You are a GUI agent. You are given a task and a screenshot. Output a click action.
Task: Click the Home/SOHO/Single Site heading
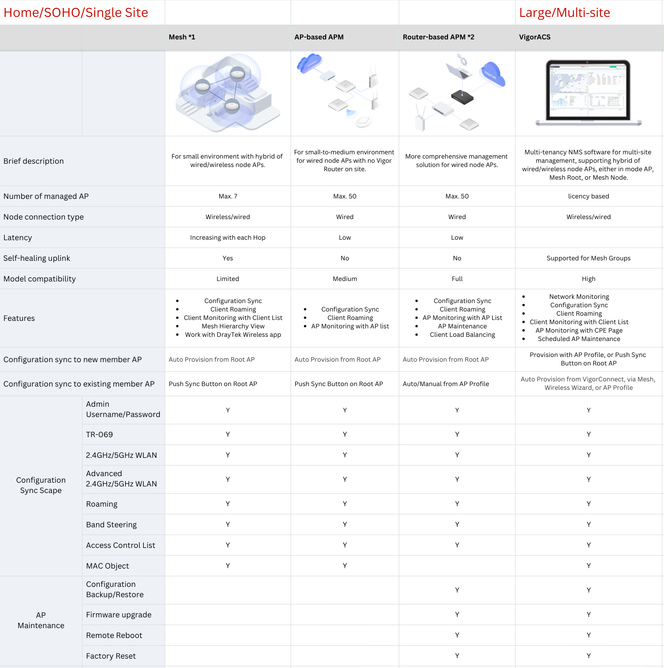(x=76, y=13)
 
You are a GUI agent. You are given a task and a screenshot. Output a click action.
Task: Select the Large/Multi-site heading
(x=564, y=13)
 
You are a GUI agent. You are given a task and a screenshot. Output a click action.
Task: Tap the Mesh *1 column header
(x=182, y=37)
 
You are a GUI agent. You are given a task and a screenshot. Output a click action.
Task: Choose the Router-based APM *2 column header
(x=438, y=37)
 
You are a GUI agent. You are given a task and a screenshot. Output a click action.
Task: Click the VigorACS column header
(x=535, y=37)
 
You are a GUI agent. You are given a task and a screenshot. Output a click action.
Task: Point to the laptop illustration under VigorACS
(x=589, y=92)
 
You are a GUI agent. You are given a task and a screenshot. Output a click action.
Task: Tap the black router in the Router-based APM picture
(x=462, y=97)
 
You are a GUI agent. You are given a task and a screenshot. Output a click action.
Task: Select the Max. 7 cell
(x=228, y=196)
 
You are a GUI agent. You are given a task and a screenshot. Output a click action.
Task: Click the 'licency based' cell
(x=589, y=196)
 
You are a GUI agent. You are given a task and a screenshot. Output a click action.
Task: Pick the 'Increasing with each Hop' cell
(x=228, y=237)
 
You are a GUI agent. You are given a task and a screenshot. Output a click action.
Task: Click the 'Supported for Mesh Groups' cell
(x=589, y=258)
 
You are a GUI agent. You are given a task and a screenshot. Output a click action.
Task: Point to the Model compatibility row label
(x=39, y=279)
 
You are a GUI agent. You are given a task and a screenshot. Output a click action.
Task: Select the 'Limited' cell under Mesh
(x=228, y=279)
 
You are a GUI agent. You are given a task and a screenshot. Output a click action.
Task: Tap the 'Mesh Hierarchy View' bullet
(x=233, y=326)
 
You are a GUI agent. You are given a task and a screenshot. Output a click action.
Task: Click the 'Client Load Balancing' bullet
(x=462, y=334)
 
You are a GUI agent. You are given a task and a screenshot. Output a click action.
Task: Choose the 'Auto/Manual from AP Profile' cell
(x=446, y=384)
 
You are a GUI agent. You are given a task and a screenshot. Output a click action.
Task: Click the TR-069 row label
(x=99, y=434)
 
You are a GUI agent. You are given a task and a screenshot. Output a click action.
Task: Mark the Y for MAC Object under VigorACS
(x=589, y=566)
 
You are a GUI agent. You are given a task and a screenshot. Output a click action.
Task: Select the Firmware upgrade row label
(x=119, y=615)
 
